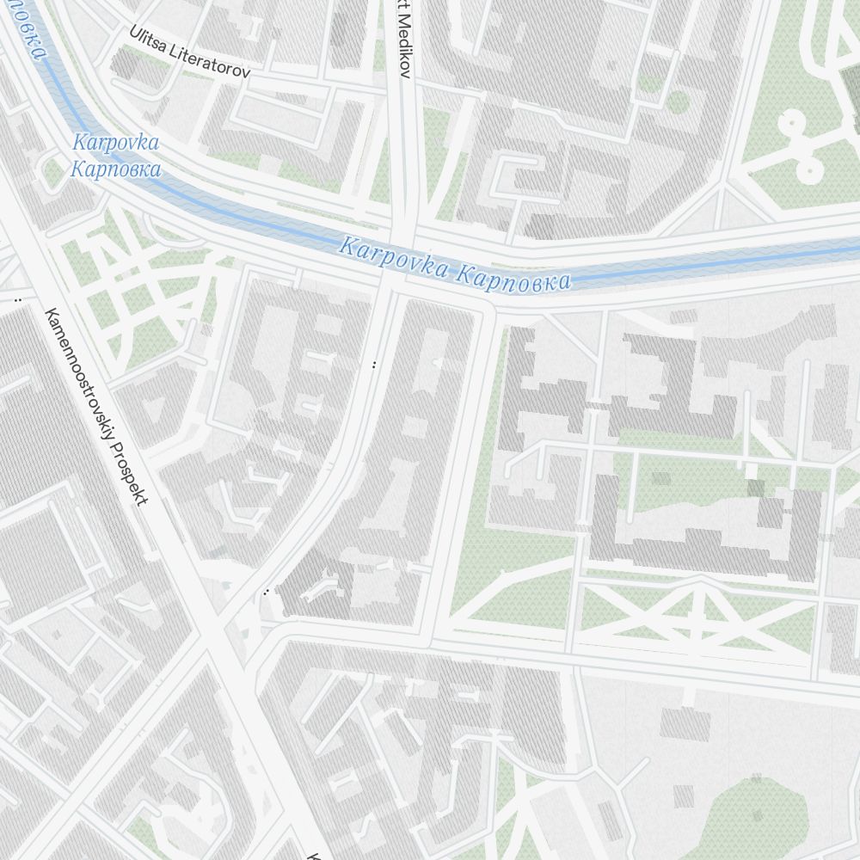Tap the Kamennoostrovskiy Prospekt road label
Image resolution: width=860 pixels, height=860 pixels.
(95, 406)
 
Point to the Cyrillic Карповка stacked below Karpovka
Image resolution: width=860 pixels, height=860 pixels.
(115, 169)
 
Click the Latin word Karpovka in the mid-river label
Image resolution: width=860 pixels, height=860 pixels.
(393, 258)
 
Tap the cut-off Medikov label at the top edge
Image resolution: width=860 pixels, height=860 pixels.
(404, 39)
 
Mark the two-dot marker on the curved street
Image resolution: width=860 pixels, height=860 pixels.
(374, 365)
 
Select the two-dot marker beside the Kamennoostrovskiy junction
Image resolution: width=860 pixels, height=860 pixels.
(267, 592)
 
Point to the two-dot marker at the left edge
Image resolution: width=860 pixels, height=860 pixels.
(17, 300)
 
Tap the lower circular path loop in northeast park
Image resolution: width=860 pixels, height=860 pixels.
(808, 168)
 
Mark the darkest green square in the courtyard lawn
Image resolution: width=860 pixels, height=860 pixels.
(755, 488)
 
